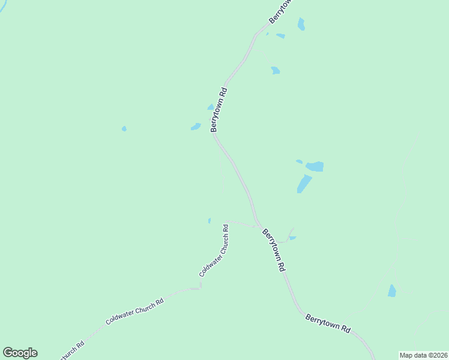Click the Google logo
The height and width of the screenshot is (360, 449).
[x=20, y=353]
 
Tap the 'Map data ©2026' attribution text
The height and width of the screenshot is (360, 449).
[x=423, y=355]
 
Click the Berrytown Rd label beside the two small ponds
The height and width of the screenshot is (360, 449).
[x=218, y=110]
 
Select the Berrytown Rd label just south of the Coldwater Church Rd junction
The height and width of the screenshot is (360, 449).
[x=273, y=250]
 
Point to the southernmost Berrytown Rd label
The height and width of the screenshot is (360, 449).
[x=328, y=323]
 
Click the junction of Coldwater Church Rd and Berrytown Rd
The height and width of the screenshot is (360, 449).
[x=260, y=227]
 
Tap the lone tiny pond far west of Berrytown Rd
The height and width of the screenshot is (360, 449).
[x=124, y=128]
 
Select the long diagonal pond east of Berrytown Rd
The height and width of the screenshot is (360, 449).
[x=304, y=184]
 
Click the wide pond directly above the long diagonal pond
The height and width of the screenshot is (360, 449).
[x=315, y=166]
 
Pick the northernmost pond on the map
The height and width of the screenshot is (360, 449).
[x=301, y=24]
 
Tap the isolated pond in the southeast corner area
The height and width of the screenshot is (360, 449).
[x=392, y=291]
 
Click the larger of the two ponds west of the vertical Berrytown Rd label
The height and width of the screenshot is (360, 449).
[x=196, y=127]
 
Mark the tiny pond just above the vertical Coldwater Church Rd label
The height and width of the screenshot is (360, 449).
[x=209, y=221]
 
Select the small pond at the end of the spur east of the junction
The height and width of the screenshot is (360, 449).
[x=292, y=238]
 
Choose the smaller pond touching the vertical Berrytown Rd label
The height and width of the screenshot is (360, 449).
[x=211, y=107]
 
